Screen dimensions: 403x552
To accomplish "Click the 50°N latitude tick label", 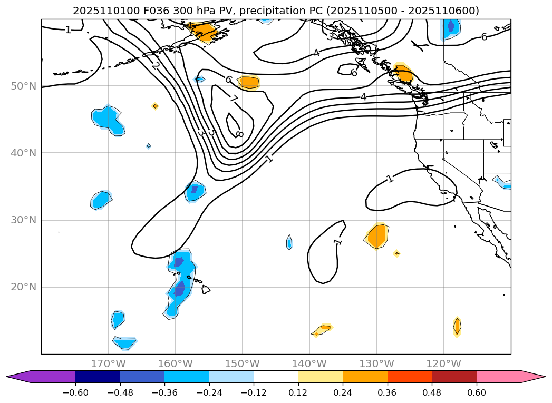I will click(x=23, y=86).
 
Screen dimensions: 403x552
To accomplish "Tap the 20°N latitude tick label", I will click(x=23, y=287).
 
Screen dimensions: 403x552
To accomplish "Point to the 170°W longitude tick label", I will click(x=108, y=363).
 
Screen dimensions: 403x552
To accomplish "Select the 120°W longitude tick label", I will click(x=443, y=363).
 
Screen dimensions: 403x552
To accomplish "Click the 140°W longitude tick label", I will click(x=309, y=363).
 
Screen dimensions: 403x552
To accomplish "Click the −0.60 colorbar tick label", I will click(x=75, y=393).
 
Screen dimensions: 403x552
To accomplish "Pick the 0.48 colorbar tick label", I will click(x=432, y=393).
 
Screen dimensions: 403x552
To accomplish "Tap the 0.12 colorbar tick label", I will click(x=298, y=393).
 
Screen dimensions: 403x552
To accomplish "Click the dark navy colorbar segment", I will click(x=98, y=377).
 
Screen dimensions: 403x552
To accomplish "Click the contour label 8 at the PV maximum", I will click(x=239, y=134).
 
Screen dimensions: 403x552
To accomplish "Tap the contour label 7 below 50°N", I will click(x=234, y=99).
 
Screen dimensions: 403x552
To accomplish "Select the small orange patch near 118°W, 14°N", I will click(x=457, y=327).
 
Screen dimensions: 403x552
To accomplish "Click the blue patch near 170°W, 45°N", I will click(x=108, y=119).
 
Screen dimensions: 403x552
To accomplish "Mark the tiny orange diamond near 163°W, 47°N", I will click(x=155, y=106).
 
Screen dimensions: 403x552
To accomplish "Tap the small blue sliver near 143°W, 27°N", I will click(x=289, y=242).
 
